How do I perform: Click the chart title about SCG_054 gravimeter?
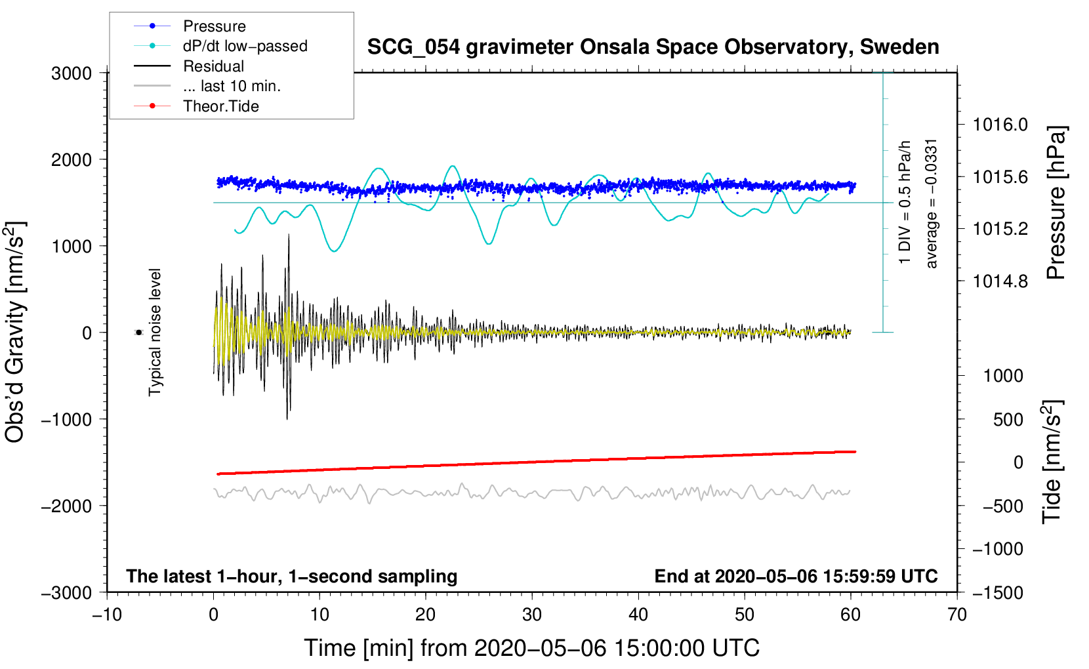pyautogui.click(x=653, y=47)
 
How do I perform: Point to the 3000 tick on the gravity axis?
pyautogui.click(x=72, y=73)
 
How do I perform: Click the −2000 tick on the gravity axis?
pyautogui.click(x=67, y=506)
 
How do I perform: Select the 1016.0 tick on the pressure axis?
pyautogui.click(x=1000, y=125)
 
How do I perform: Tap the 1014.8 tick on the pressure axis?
pyautogui.click(x=1000, y=281)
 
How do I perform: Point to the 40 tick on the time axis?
pyautogui.click(x=638, y=615)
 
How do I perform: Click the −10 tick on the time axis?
pyautogui.click(x=107, y=615)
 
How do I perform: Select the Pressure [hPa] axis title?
pyautogui.click(x=1056, y=203)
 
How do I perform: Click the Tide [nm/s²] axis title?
pyautogui.click(x=1052, y=462)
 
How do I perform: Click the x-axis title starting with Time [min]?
pyautogui.click(x=532, y=649)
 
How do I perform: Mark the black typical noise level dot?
pyautogui.click(x=139, y=333)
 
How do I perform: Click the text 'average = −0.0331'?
pyautogui.click(x=930, y=204)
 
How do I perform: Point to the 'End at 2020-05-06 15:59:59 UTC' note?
pyautogui.click(x=796, y=576)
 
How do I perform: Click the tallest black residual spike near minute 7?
pyautogui.click(x=289, y=235)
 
